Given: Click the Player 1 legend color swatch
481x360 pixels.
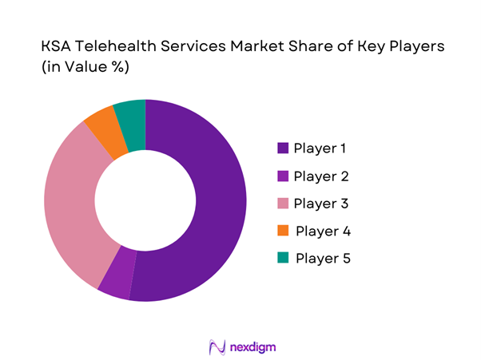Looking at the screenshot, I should tap(282, 148).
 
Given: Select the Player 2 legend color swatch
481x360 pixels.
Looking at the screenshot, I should tap(282, 176).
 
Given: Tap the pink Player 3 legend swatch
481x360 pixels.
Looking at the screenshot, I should tap(282, 204).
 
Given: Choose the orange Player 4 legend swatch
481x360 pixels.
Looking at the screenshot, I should tap(282, 231).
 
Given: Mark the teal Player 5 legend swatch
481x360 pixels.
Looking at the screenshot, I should tap(282, 259).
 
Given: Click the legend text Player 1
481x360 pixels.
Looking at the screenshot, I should tap(320, 148).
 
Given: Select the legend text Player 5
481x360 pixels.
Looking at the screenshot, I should tap(323, 259).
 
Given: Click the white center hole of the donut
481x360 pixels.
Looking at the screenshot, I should tap(145, 200).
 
